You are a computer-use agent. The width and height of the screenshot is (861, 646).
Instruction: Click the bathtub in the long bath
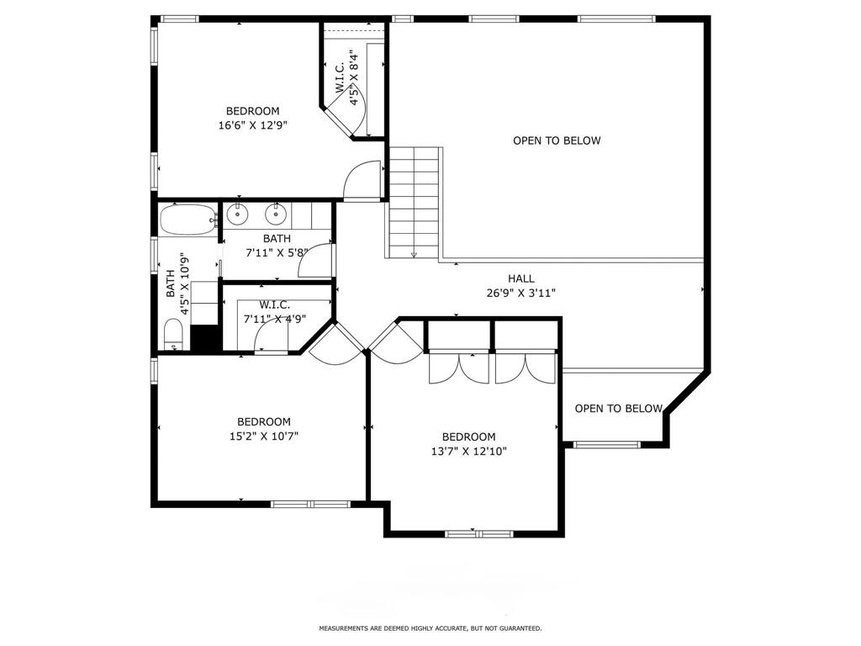(188, 220)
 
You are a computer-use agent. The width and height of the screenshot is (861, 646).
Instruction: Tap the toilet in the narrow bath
(173, 334)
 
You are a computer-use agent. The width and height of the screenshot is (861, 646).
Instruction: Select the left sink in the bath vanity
(237, 214)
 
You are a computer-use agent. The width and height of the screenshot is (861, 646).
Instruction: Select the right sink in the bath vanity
(275, 214)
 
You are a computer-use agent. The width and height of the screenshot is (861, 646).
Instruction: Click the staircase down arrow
(414, 254)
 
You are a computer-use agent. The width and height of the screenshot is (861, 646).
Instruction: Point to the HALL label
(520, 278)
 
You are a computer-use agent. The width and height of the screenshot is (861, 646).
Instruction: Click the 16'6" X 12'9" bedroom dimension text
(252, 125)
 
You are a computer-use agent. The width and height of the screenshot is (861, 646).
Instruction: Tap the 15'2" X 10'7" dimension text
(263, 437)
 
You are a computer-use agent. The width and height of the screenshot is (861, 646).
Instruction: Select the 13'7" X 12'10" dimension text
(468, 452)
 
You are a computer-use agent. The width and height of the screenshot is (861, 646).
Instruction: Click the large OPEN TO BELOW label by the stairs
(557, 140)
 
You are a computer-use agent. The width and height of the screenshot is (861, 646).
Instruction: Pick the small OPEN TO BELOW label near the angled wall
(618, 408)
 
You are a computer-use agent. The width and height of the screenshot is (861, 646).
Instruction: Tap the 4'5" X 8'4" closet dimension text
(356, 77)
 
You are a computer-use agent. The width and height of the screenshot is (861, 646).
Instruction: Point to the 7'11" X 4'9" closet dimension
(275, 319)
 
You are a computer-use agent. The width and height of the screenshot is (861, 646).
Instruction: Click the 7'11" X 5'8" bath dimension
(276, 252)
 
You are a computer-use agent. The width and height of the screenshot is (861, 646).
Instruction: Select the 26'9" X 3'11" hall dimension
(520, 294)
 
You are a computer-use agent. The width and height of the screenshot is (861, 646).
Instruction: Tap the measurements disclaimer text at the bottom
(430, 627)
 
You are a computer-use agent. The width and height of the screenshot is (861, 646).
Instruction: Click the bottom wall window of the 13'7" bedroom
(478, 533)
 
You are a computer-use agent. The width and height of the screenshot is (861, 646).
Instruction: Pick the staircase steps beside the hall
(415, 202)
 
